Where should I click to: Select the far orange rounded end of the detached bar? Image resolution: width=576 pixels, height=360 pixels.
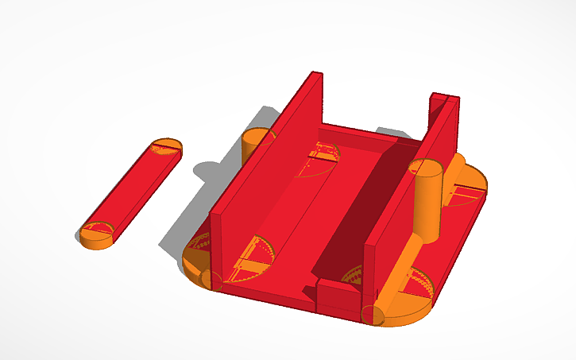click(167, 146)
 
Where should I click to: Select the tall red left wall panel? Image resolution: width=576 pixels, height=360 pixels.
click(266, 167)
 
